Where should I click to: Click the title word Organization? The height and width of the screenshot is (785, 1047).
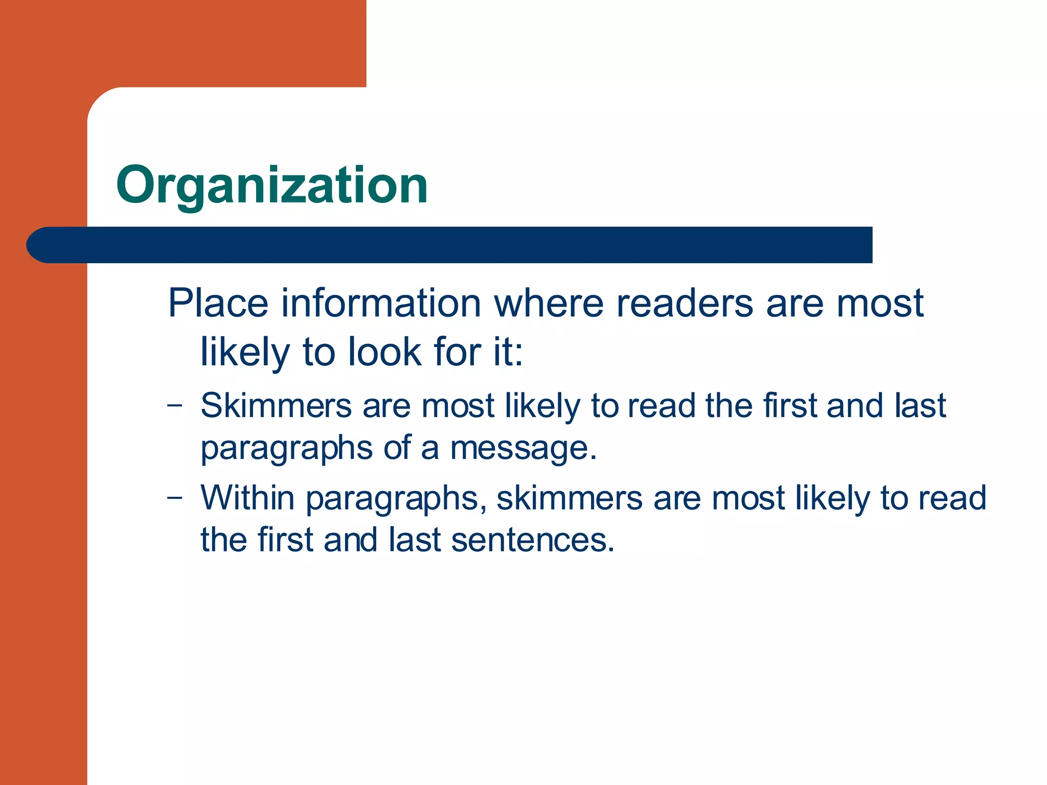point(271,185)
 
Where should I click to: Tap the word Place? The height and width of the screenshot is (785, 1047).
point(218,303)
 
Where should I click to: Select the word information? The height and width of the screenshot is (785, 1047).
point(381,303)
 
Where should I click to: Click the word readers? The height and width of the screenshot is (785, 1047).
point(685,303)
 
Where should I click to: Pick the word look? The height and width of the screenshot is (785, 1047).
point(385,352)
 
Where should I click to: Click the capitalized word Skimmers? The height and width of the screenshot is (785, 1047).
point(276,406)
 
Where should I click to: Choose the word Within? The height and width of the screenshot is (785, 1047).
point(247,497)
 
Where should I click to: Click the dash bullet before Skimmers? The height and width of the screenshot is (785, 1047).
point(175,406)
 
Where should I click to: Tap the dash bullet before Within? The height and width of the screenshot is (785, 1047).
point(175,498)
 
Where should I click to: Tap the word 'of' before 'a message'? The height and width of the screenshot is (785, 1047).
point(397,448)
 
